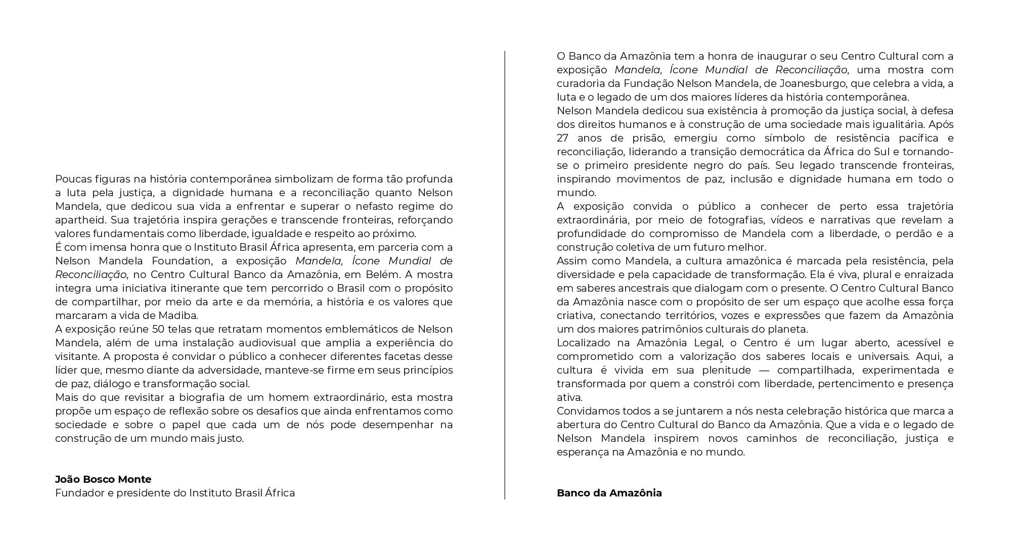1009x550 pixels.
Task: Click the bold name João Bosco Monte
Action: pyautogui.click(x=103, y=479)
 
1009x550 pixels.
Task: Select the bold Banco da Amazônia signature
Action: pyautogui.click(x=609, y=493)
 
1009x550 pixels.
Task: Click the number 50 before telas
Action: pyautogui.click(x=159, y=330)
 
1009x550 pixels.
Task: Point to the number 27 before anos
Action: pyautogui.click(x=563, y=139)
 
